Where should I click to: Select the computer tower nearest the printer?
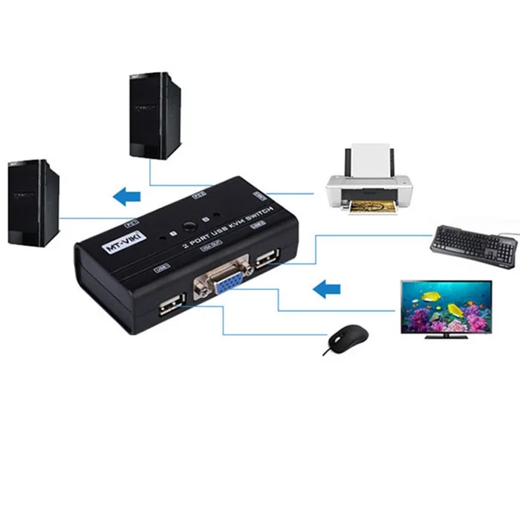click(x=155, y=115)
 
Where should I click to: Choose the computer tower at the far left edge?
click(x=33, y=202)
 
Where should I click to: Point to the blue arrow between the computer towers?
click(x=126, y=196)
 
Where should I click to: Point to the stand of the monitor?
click(x=446, y=334)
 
